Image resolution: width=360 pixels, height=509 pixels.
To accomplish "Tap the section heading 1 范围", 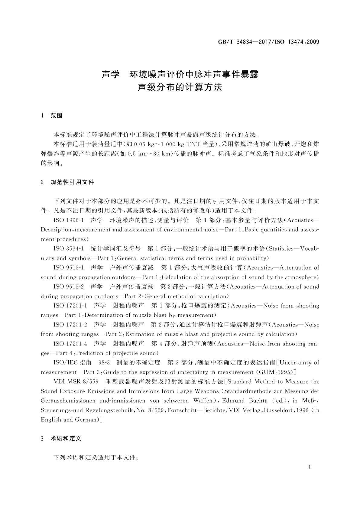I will click(52, 116).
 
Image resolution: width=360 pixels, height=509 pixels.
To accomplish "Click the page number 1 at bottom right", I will click(310, 467).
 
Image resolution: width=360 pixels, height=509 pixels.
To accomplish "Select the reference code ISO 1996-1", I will click(70, 220).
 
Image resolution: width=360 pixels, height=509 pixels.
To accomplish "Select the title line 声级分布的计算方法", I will click(180, 87).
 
